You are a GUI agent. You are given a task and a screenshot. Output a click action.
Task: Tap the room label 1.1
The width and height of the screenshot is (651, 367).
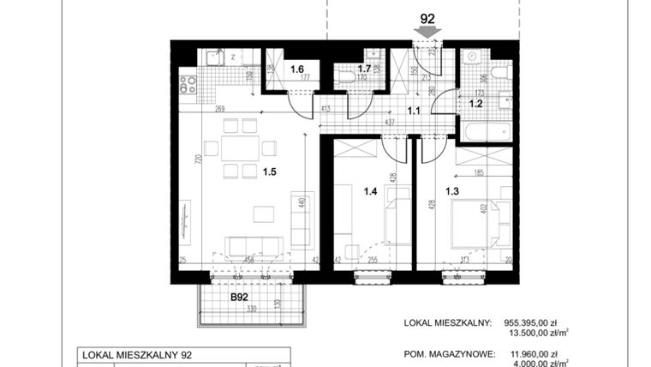tap(413, 110)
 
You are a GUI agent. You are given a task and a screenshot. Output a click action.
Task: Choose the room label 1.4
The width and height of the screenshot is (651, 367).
tap(370, 192)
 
